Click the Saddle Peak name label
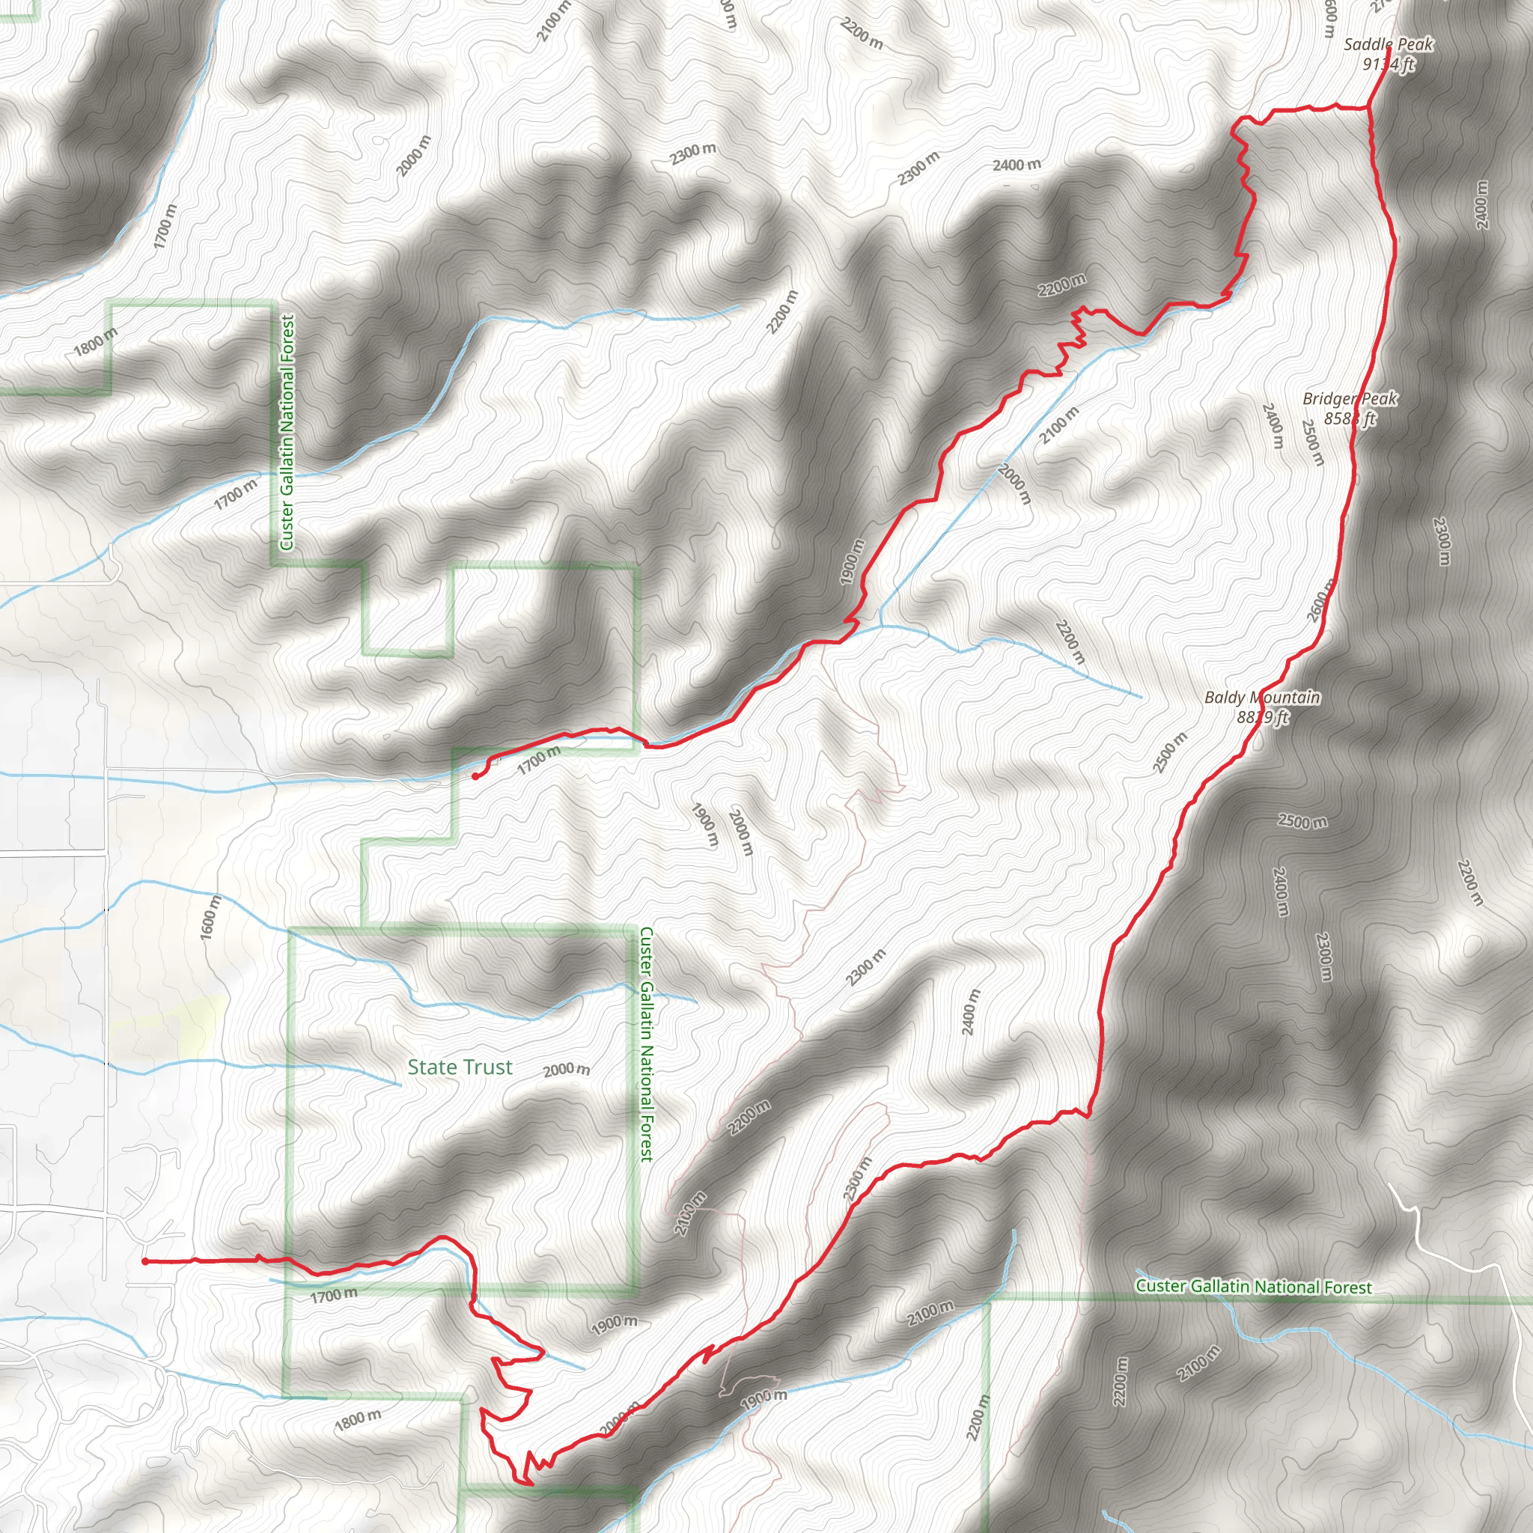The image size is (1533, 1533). [1388, 44]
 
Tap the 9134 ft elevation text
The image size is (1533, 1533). [1388, 64]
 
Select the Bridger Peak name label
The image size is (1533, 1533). [1350, 398]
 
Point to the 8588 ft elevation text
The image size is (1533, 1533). [1350, 418]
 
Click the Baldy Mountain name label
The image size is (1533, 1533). [1261, 698]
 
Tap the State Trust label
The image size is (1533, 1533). [460, 1067]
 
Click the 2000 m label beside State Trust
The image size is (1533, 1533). [567, 1070]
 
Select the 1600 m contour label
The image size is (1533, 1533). [210, 917]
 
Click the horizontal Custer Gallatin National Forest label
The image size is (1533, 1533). [1253, 1286]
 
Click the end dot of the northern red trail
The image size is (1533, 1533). [475, 777]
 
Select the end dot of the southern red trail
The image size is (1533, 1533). [145, 1260]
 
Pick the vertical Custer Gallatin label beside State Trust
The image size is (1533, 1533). [647, 1044]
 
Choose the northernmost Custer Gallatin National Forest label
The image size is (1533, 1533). [287, 433]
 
